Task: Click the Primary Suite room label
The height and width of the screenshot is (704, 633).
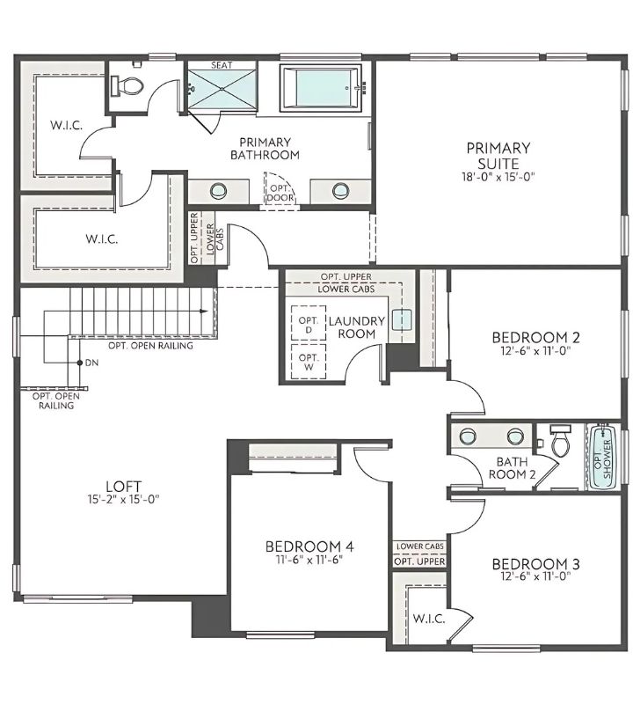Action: (498, 156)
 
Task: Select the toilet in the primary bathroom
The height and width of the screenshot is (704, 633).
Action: (131, 85)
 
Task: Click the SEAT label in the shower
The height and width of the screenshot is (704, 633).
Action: (221, 65)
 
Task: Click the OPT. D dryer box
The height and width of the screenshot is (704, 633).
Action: (308, 324)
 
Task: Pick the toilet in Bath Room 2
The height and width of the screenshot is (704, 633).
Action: (560, 438)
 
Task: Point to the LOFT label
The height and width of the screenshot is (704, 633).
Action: (123, 485)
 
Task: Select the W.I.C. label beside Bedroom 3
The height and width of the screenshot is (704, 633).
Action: (428, 618)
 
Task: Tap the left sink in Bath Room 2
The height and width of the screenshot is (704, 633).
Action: (468, 436)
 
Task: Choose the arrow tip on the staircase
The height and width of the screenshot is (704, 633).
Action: (204, 311)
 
